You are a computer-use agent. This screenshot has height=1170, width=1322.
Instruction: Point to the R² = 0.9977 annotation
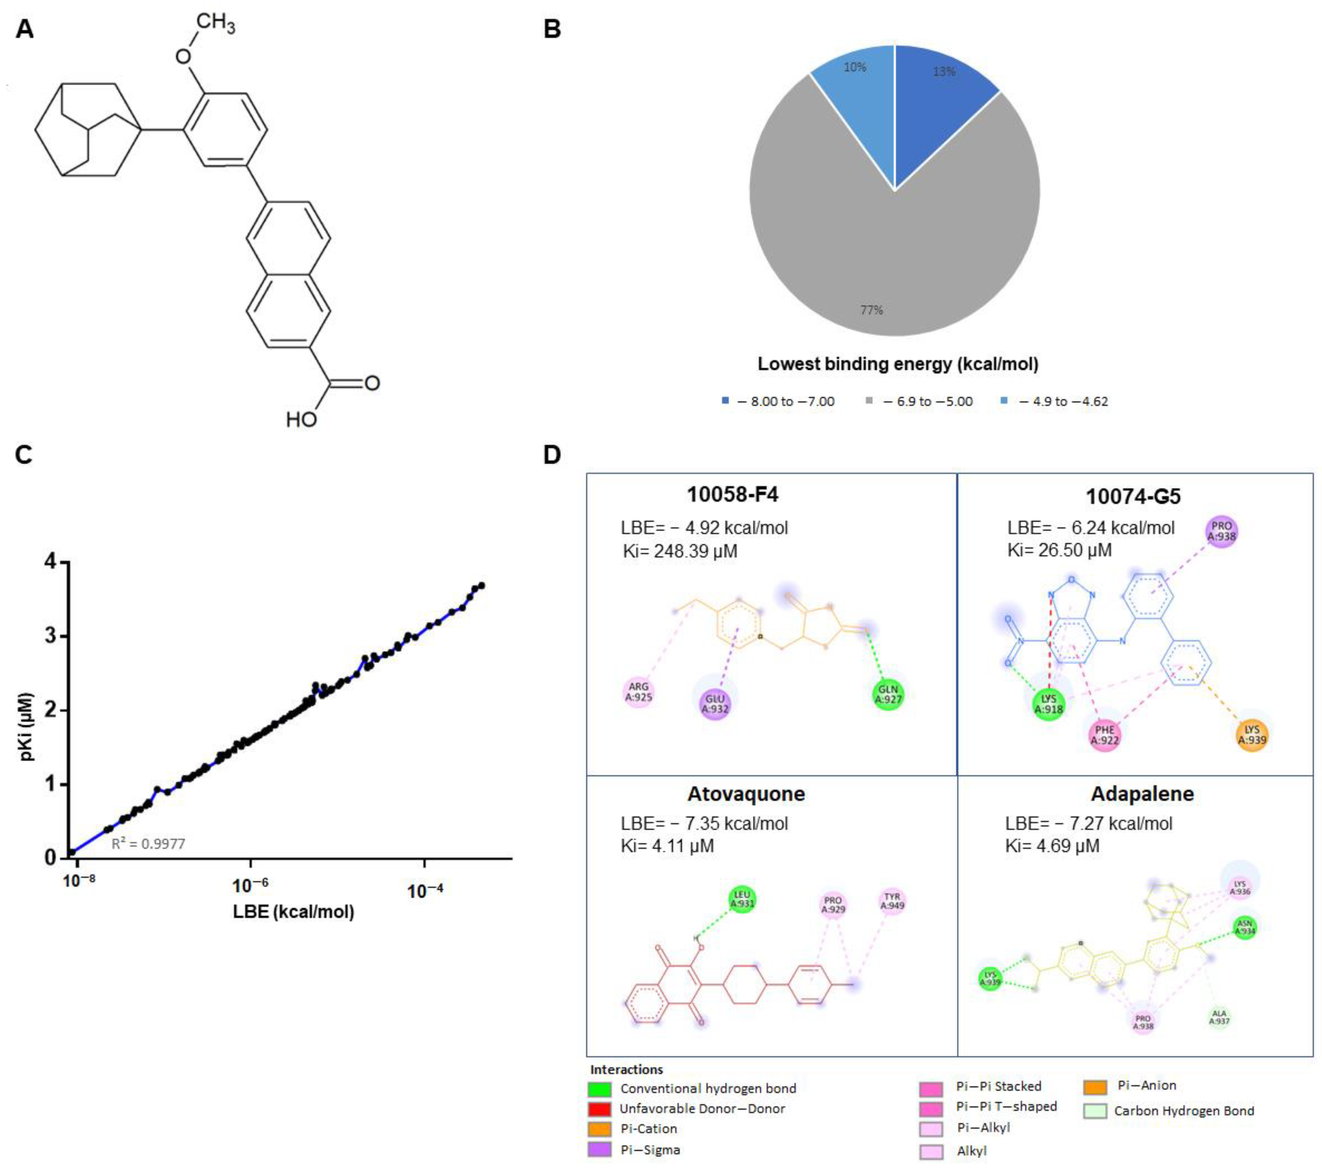149,844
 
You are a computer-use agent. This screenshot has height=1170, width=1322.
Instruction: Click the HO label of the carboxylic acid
301,420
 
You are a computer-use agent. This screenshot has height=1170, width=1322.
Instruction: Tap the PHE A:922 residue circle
1105,735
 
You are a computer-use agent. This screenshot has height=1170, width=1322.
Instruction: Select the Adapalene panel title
1142,794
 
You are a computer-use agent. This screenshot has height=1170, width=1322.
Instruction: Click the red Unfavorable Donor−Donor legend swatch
600,1109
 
